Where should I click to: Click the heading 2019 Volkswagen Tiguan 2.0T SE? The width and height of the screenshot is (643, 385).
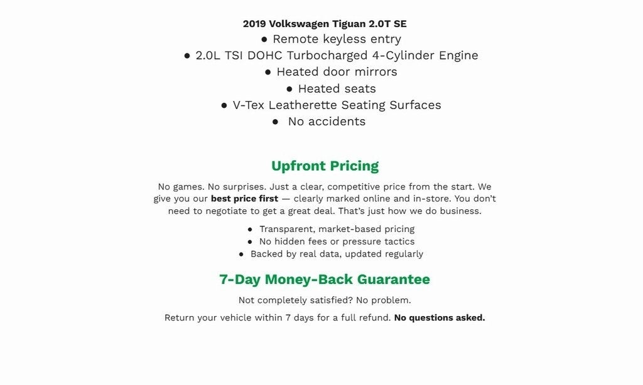[325, 24]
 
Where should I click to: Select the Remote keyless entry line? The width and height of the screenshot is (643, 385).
[337, 39]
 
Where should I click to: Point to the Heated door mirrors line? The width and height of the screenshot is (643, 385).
[337, 71]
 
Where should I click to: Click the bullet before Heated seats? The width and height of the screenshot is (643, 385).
[289, 89]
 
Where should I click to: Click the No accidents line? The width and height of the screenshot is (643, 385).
[327, 121]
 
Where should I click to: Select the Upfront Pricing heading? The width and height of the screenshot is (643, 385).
[325, 166]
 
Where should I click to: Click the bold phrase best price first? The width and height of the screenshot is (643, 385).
[244, 199]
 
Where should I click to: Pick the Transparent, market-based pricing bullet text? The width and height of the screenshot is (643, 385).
[337, 229]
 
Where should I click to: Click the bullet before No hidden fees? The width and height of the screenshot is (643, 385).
[251, 241]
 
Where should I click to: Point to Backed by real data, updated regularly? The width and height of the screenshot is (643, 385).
[337, 254]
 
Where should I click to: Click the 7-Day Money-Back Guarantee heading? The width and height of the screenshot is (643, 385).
[325, 279]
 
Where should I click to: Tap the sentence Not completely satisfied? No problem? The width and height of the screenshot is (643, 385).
[325, 300]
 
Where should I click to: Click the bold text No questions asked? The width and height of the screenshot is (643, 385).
[440, 317]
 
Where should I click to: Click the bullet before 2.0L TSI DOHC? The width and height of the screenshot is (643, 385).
[187, 56]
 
